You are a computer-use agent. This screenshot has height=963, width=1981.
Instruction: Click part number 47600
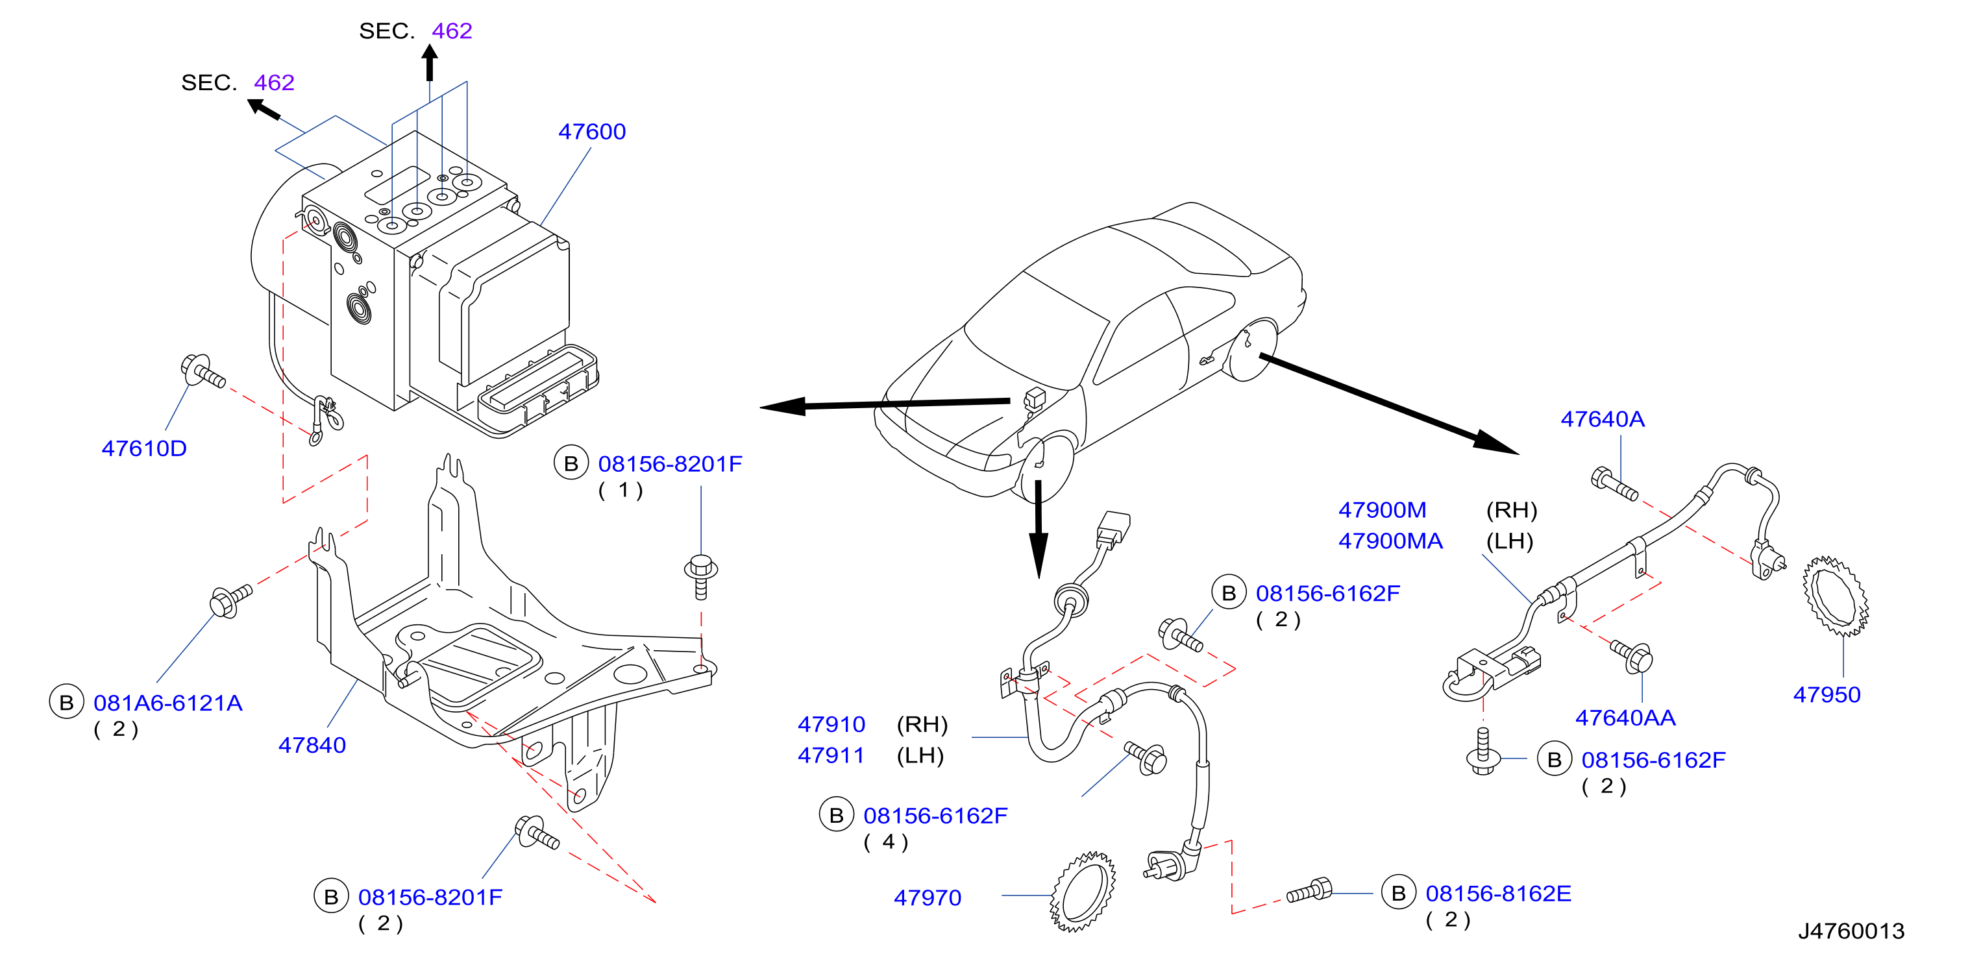point(591,132)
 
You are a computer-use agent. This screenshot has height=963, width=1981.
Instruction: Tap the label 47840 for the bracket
point(312,745)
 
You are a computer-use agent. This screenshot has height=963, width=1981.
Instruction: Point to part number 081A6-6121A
point(167,703)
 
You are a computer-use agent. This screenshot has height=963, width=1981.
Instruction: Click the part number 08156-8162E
point(1498,893)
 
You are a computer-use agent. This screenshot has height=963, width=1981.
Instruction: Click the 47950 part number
point(1827,695)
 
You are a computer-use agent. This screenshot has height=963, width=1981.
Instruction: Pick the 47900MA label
point(1390,541)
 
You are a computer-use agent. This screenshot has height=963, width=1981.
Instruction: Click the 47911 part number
point(831,755)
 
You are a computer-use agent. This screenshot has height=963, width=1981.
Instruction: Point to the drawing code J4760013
point(1851,931)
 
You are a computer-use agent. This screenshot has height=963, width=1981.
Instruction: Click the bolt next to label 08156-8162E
point(1309,892)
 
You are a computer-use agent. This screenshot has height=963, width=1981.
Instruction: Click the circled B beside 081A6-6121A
point(67,703)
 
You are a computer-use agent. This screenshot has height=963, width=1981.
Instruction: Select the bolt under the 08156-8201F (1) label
point(700,576)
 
